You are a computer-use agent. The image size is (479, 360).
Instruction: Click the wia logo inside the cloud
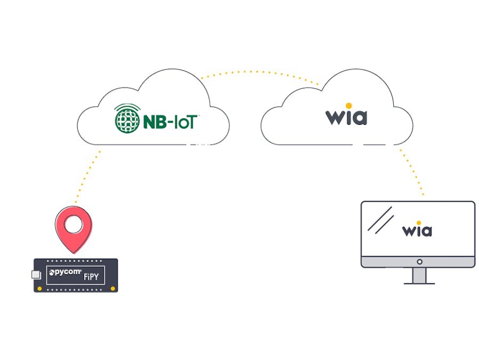click(x=346, y=116)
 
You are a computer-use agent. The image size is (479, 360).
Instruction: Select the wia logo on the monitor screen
click(x=417, y=230)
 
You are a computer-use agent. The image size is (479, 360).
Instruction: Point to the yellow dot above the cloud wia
click(x=348, y=105)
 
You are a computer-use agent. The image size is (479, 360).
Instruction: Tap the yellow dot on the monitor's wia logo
click(x=419, y=222)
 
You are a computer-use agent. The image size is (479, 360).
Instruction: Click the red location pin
click(x=74, y=229)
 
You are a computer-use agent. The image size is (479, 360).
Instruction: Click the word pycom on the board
click(x=65, y=273)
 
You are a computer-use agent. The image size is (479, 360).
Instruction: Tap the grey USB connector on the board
click(x=36, y=275)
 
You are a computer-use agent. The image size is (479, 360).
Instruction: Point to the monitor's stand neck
click(x=419, y=275)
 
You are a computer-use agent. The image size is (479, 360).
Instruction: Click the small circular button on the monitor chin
click(x=419, y=262)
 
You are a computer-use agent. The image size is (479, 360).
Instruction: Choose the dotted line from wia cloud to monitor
click(x=411, y=171)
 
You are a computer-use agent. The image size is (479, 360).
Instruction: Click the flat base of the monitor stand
click(x=419, y=283)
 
